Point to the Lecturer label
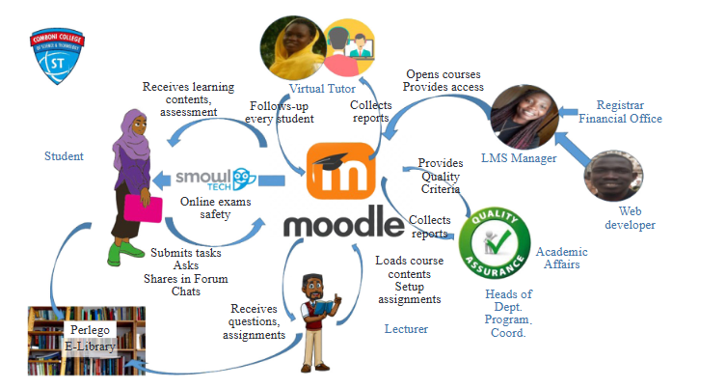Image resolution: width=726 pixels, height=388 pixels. coord(406,330)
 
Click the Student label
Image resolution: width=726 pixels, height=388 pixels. coord(64,156)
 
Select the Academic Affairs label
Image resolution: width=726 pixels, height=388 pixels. coord(561,258)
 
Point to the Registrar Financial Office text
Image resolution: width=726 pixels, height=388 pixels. coord(628,112)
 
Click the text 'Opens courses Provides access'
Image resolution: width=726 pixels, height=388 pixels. coord(444,81)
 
